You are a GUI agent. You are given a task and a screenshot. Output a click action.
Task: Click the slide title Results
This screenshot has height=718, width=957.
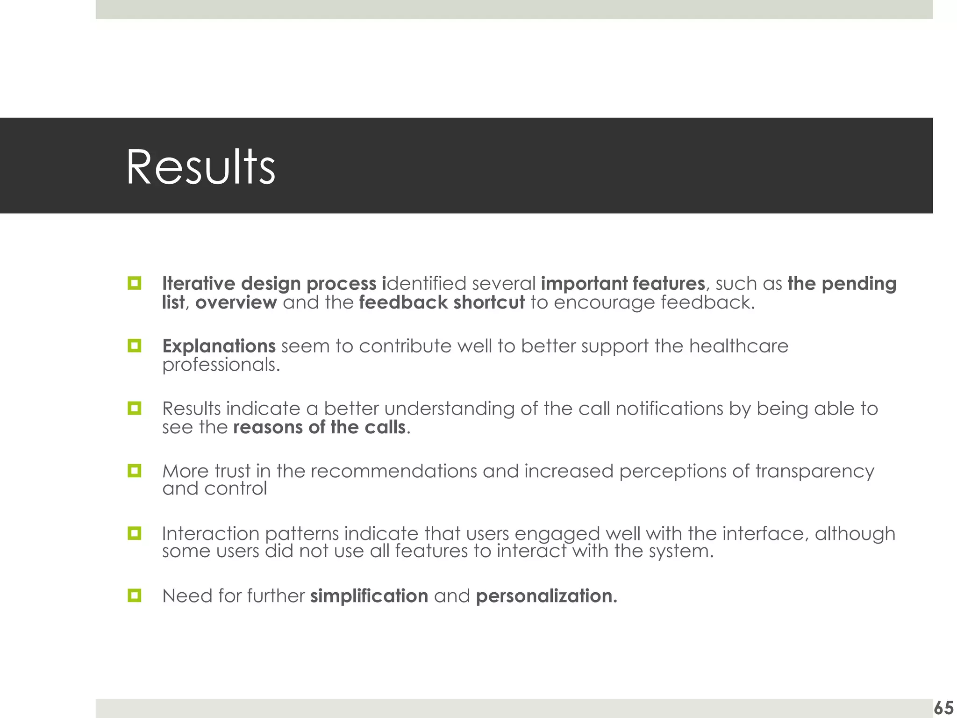pos(200,167)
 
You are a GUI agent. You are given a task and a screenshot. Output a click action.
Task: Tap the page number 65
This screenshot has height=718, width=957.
pos(943,708)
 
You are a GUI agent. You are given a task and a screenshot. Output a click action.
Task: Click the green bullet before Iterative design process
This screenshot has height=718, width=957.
pos(134,283)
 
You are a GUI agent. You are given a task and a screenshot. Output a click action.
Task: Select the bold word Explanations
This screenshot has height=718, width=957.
pos(219,346)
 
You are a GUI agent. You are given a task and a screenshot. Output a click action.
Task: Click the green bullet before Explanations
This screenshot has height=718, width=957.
pos(134,346)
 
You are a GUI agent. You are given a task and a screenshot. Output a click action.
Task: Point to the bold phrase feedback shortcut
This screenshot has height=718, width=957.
pos(442,302)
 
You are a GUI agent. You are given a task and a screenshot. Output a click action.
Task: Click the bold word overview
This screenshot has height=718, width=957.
pos(236,302)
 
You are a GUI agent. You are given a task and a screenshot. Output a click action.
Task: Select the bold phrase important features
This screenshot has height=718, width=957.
pos(622,283)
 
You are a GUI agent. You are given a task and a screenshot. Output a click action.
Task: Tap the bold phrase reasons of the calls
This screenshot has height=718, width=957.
pos(319,427)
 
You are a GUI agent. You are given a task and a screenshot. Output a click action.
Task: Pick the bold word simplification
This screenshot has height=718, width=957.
pos(369,596)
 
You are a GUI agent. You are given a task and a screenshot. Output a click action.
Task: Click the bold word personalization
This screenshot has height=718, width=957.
pos(546,596)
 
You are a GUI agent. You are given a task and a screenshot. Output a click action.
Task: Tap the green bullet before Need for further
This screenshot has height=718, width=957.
pos(134,596)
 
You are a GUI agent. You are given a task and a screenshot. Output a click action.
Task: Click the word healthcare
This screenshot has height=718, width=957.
pos(738,346)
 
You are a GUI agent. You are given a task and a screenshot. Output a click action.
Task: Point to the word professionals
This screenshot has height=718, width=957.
pos(221,365)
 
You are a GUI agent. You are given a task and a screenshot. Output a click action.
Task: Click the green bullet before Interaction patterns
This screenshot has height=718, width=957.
pos(134,533)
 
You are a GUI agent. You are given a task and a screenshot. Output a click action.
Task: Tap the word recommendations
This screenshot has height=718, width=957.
pos(393,471)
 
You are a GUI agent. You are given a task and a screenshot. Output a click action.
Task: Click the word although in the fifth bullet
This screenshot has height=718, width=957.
pos(855,533)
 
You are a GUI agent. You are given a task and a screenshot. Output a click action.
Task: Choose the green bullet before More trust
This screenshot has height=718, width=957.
pos(134,471)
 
